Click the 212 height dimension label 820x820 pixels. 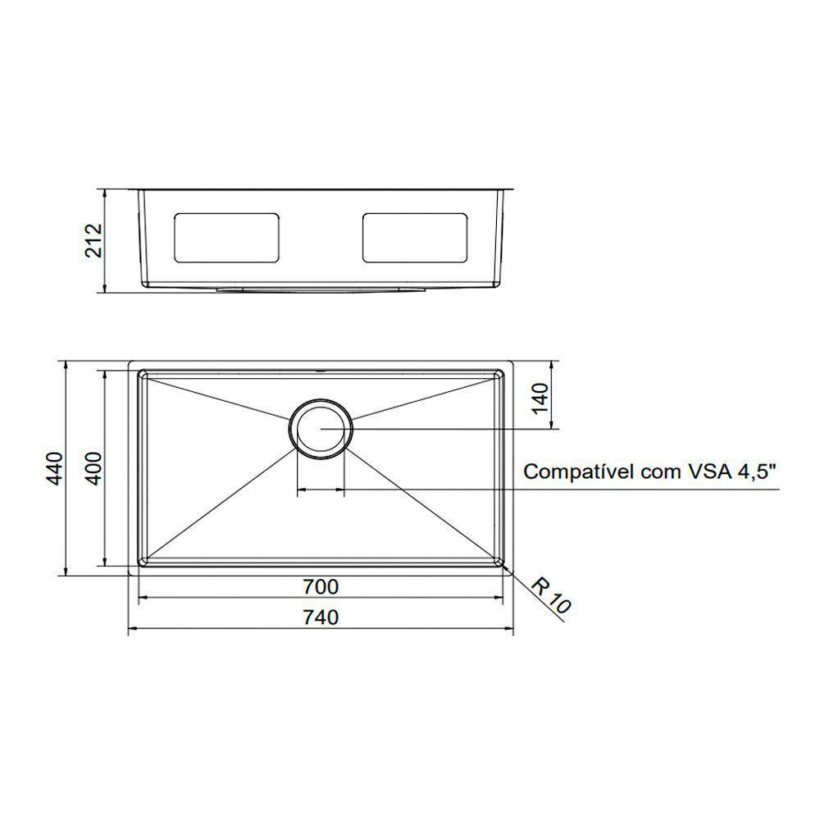pos(95,240)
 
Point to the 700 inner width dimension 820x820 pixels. pos(320,587)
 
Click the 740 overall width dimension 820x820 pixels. pos(320,618)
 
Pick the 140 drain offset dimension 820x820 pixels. pos(540,399)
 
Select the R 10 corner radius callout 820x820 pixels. pos(549,596)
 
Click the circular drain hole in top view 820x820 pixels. pos(321,429)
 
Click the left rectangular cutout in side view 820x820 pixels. pos(226,238)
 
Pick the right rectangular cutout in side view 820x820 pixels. pos(416,238)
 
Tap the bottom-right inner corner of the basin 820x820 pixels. pos(499,562)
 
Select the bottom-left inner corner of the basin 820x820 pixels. pos(143,562)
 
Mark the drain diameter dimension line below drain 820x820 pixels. pos(321,490)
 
